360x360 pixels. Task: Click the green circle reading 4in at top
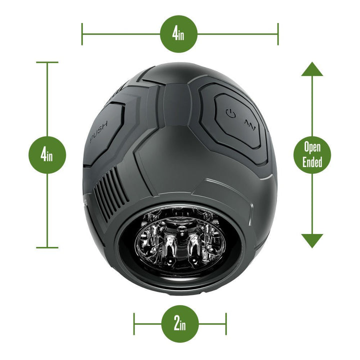click(x=178, y=34)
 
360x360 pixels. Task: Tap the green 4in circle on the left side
click(x=47, y=154)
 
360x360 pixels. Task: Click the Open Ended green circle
click(x=312, y=154)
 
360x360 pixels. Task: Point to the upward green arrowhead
click(x=312, y=69)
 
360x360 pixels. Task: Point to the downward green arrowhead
click(x=312, y=240)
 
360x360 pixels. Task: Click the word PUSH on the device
click(x=99, y=134)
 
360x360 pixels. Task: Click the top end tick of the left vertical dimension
click(x=47, y=62)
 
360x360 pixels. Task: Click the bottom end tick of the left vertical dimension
click(x=47, y=247)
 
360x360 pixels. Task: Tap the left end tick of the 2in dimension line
click(x=134, y=323)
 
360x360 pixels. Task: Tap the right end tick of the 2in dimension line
click(x=226, y=323)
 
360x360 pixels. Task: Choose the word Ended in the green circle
click(x=312, y=161)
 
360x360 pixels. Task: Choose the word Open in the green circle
click(x=312, y=147)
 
